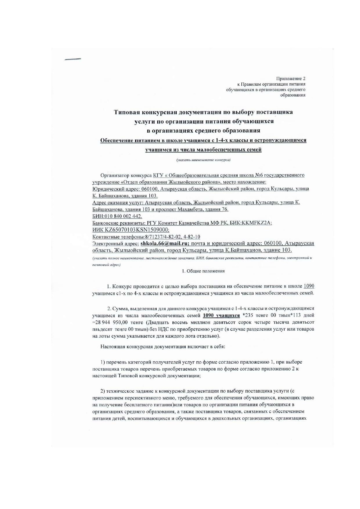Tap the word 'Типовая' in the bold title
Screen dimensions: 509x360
[x=127, y=112]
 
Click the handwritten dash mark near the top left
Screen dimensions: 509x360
[x=73, y=59]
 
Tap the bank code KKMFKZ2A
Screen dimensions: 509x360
[x=257, y=223]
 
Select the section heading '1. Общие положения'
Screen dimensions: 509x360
[x=203, y=271]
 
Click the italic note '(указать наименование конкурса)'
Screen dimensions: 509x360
[x=203, y=160]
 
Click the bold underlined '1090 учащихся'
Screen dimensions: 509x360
[x=221, y=315]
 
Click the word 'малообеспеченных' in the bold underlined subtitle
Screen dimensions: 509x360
[x=222, y=150]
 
